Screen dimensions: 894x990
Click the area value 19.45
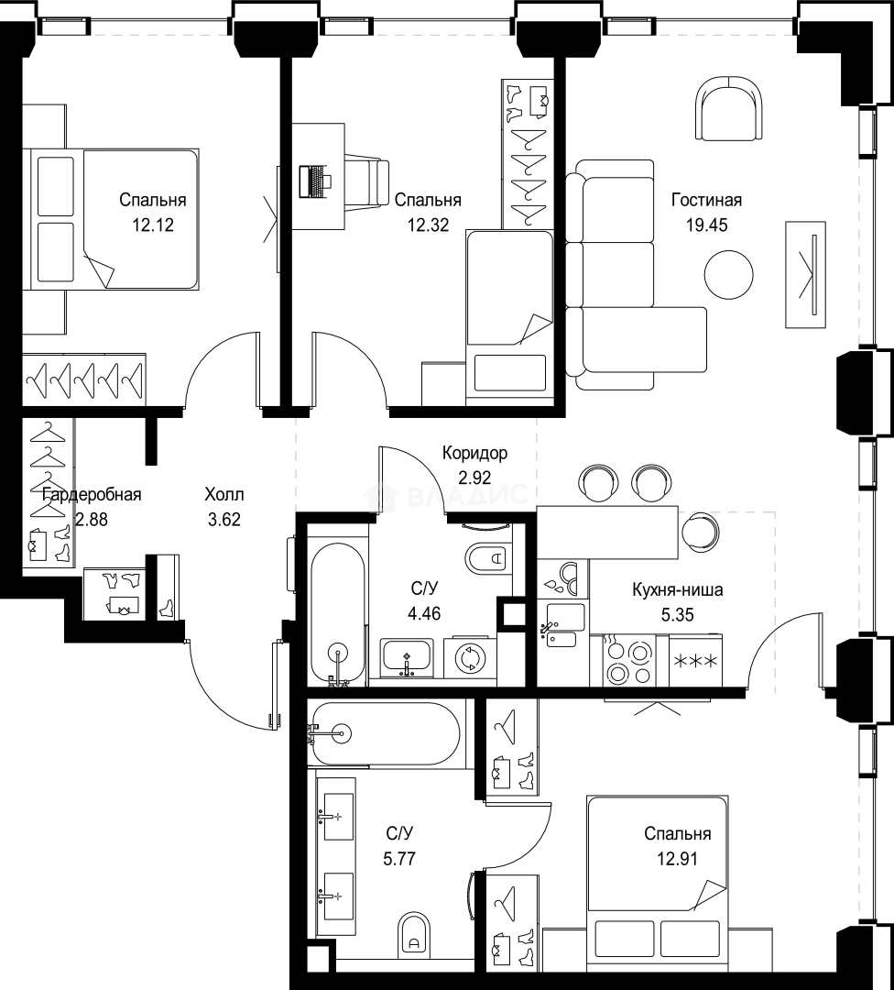click(x=706, y=225)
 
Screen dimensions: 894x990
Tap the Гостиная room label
click(x=706, y=200)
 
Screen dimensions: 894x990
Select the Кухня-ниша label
click(x=678, y=589)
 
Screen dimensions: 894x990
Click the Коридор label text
click(x=474, y=453)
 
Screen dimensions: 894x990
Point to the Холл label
click(x=224, y=495)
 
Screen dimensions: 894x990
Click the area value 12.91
click(x=678, y=859)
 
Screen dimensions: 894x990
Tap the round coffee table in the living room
click(x=729, y=275)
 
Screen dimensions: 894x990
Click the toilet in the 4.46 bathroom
click(x=489, y=557)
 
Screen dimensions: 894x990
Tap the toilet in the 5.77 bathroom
click(x=414, y=933)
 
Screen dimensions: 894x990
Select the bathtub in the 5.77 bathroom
click(x=386, y=733)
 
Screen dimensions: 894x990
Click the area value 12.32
click(x=428, y=225)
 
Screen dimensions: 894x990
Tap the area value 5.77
click(x=399, y=859)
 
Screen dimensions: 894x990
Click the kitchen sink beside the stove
click(x=562, y=625)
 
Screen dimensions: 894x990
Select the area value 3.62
click(x=224, y=520)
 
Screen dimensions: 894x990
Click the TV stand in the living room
click(x=806, y=275)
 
